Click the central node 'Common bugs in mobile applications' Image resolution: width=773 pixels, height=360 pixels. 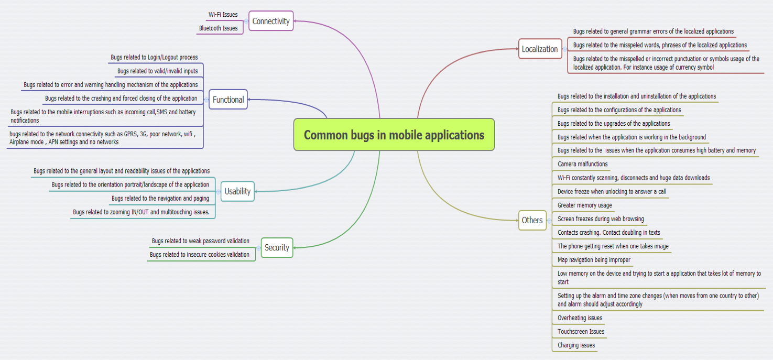394,135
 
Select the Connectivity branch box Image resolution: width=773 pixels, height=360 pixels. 270,21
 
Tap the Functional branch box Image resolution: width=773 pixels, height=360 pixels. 228,100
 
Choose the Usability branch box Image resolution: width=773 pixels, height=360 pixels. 237,191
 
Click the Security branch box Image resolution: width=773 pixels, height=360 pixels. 277,247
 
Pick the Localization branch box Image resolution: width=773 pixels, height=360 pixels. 540,49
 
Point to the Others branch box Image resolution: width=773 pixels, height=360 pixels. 532,220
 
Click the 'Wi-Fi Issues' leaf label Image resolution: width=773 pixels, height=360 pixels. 223,15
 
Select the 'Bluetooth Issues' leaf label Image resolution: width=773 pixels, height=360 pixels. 218,28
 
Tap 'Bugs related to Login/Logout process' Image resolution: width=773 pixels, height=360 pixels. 154,57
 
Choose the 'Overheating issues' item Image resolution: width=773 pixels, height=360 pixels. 580,318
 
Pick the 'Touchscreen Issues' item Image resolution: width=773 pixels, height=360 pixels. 581,331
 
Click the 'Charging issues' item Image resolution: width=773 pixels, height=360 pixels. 576,345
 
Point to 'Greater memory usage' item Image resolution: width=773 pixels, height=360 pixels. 584,205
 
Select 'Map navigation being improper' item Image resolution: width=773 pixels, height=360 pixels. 594,260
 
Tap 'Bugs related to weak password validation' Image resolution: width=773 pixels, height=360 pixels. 200,241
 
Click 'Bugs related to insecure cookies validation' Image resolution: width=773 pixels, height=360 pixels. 199,255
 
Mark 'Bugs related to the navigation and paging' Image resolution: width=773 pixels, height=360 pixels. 160,199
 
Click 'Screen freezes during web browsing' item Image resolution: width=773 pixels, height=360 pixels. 601,219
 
